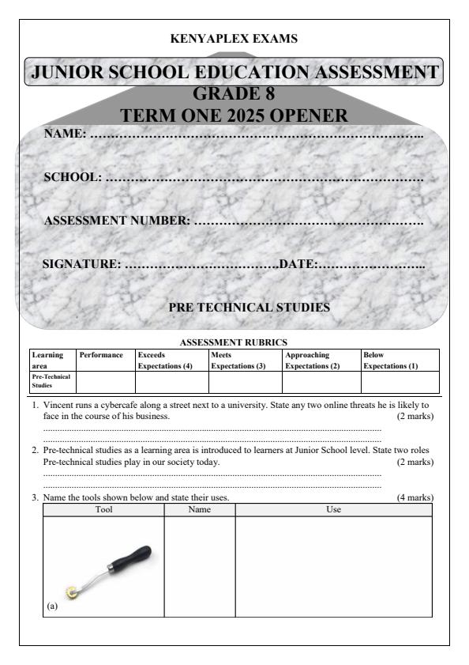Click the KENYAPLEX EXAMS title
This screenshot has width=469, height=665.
[234, 38]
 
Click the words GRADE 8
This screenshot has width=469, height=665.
[234, 93]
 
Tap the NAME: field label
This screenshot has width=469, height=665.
[65, 134]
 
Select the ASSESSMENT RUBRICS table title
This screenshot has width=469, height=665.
[233, 344]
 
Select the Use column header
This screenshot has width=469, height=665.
[333, 510]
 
